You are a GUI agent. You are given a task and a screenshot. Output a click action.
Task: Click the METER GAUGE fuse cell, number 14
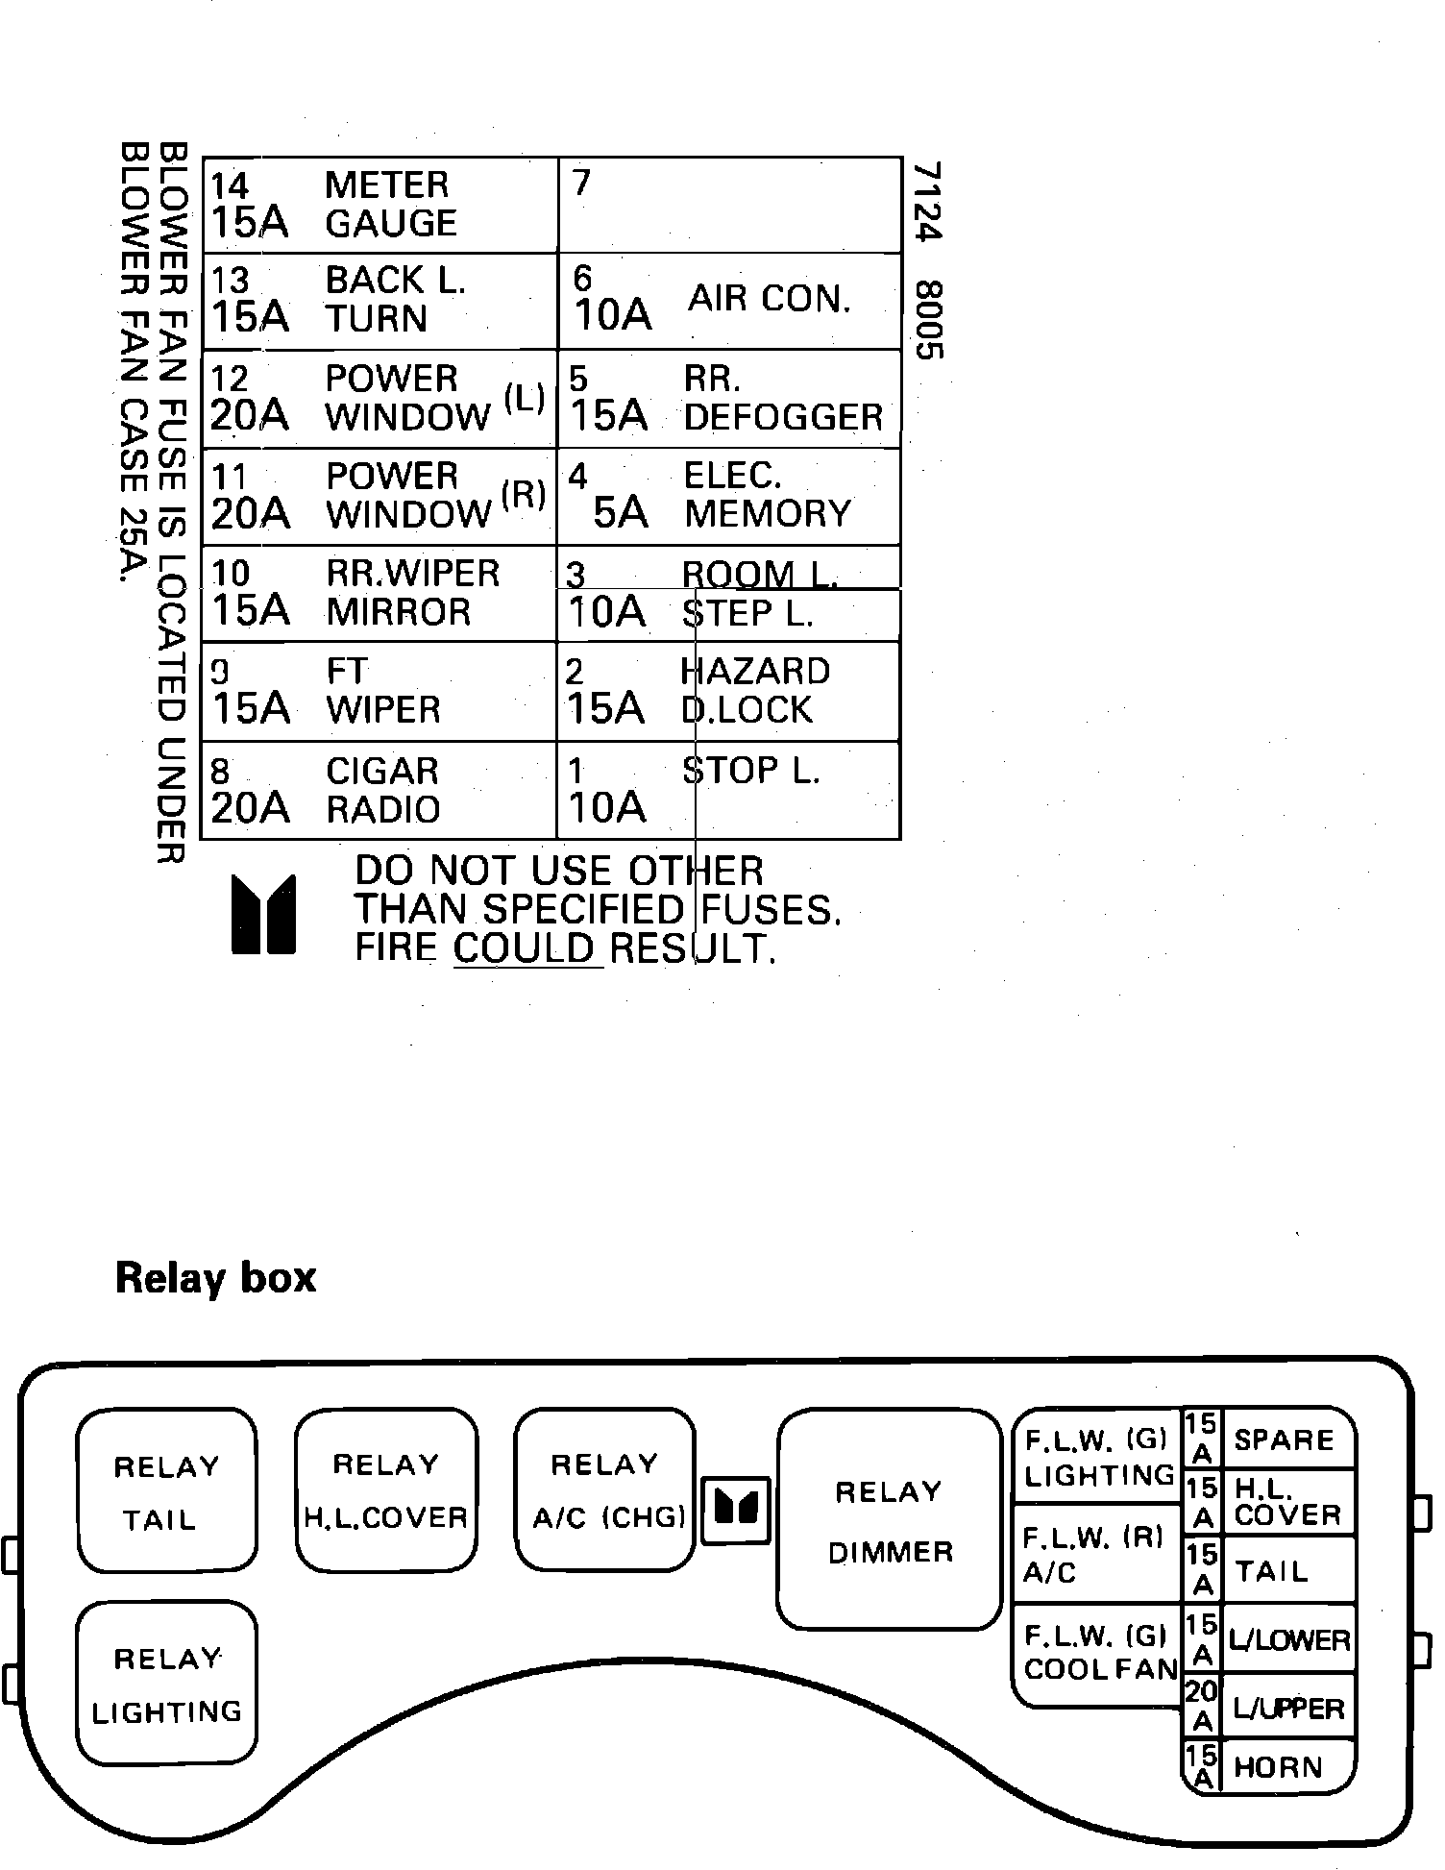380,205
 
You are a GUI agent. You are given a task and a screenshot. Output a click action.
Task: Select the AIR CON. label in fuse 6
770,299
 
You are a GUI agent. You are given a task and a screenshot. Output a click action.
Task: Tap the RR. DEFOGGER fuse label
782,398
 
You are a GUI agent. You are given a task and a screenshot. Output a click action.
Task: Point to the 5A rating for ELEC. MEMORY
620,512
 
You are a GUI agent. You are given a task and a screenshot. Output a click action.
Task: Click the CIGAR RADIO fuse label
382,790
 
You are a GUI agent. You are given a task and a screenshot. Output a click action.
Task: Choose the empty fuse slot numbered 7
729,205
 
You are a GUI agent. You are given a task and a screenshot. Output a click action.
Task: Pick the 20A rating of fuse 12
250,415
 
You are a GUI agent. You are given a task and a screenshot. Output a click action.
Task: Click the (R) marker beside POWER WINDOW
524,494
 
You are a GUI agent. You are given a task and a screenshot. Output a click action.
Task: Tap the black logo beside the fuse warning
262,914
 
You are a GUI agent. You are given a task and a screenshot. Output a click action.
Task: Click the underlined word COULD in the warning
526,948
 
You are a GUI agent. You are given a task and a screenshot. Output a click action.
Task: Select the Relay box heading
215,1278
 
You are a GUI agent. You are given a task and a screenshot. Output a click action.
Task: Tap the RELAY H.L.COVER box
385,1490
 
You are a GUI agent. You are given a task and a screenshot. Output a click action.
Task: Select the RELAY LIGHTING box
166,1684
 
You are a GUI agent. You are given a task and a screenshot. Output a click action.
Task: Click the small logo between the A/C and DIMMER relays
736,1510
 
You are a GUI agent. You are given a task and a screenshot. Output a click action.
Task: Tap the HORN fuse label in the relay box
1278,1766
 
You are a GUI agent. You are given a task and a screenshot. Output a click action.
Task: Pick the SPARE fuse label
1284,1439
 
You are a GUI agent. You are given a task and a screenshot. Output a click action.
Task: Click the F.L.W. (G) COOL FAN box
1098,1653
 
